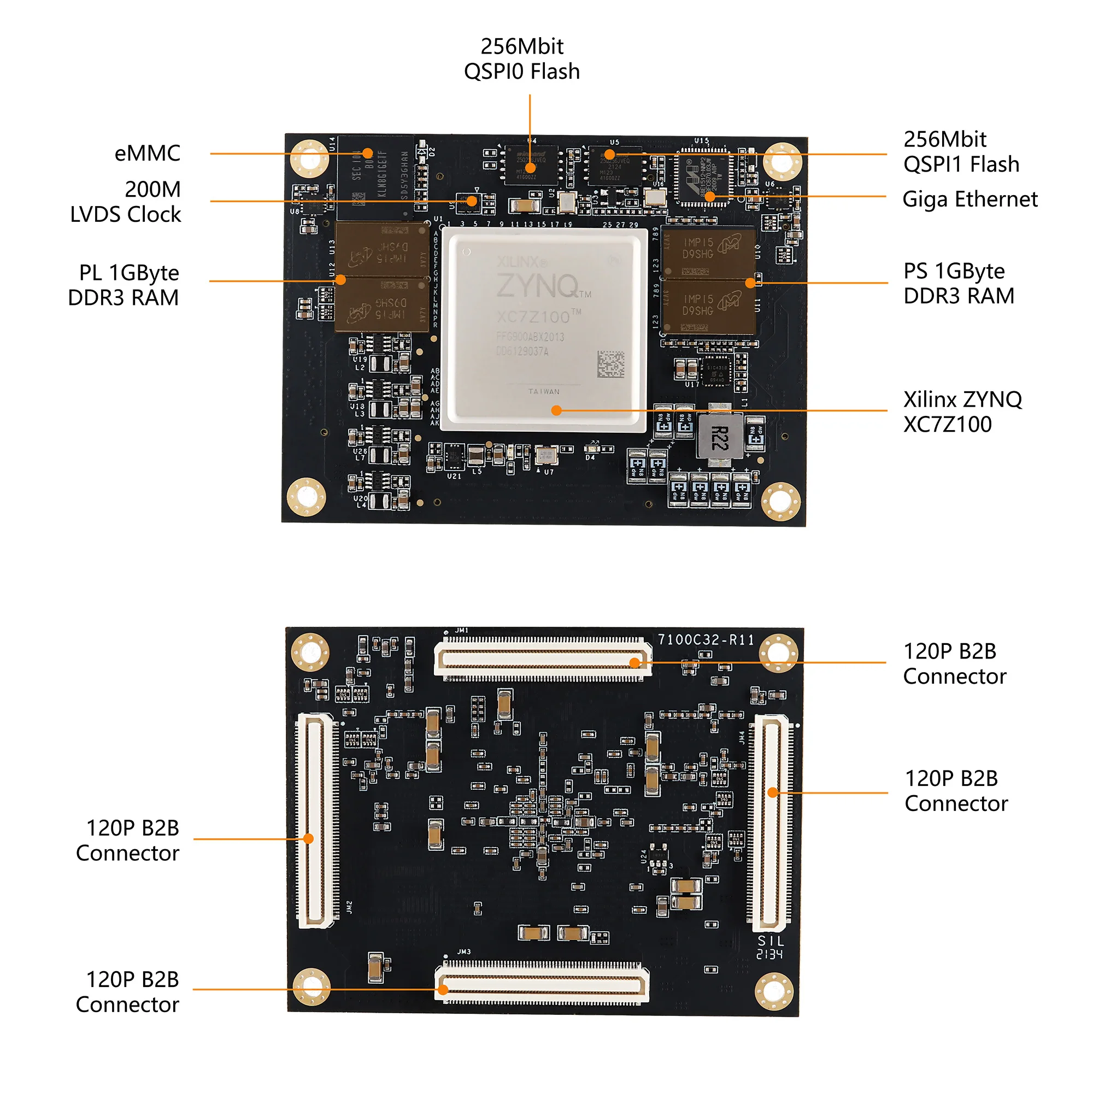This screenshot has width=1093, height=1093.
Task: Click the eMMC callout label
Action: tap(147, 154)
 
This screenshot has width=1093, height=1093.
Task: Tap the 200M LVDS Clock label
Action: tap(126, 202)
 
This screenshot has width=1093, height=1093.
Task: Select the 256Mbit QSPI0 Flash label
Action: tap(521, 59)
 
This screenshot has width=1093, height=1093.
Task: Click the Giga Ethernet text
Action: tap(969, 199)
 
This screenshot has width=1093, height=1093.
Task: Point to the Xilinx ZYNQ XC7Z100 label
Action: tap(962, 412)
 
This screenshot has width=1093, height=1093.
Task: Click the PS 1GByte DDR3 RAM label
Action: tap(959, 284)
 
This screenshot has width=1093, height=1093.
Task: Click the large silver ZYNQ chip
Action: tap(544, 328)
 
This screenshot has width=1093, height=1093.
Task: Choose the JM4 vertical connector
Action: tap(771, 823)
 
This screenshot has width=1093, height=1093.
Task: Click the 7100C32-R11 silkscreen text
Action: tap(706, 640)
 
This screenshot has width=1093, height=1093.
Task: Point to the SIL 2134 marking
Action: tap(770, 948)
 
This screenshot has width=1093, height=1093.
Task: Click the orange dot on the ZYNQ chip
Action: tap(556, 411)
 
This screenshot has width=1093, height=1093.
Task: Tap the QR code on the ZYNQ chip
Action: tap(611, 365)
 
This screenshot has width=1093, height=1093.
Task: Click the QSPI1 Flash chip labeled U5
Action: tap(615, 164)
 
